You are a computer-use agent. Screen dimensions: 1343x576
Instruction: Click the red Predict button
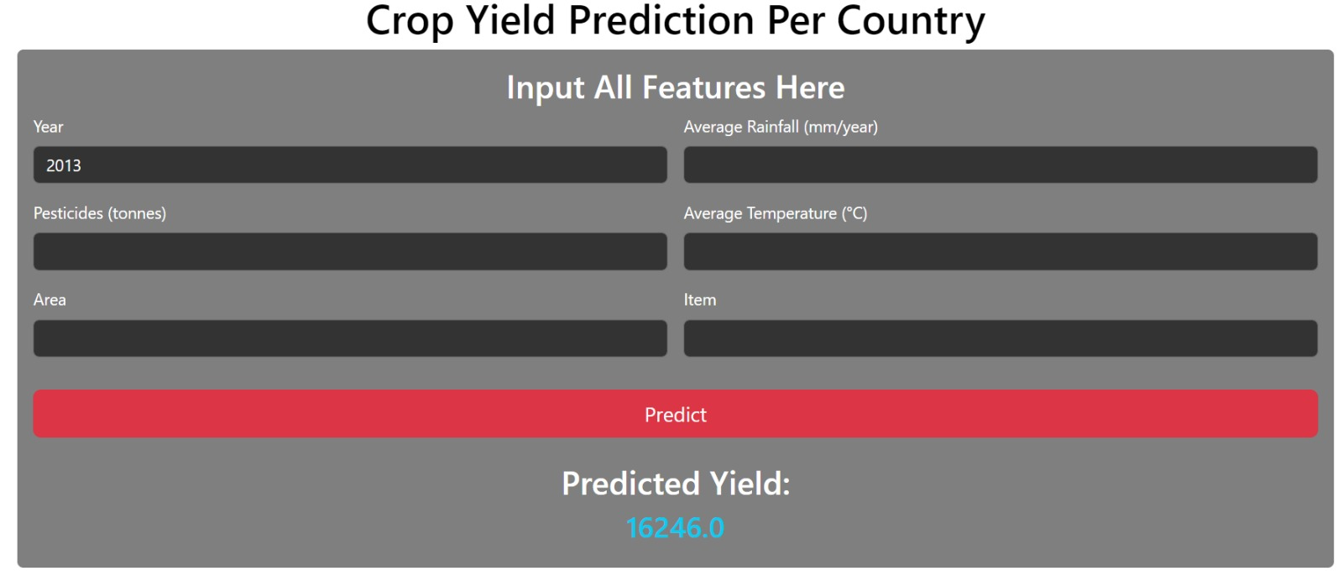pyautogui.click(x=675, y=413)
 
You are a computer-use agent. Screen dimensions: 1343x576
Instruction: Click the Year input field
pyautogui.click(x=350, y=165)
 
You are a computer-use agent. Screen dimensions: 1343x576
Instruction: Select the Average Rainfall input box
pyautogui.click(x=1000, y=165)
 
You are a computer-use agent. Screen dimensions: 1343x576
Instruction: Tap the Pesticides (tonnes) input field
pyautogui.click(x=350, y=251)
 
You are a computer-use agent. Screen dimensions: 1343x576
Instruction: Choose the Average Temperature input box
pyautogui.click(x=1000, y=251)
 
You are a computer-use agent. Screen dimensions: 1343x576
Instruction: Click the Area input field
pyautogui.click(x=350, y=338)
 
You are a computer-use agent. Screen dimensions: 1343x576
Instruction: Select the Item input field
pyautogui.click(x=1000, y=338)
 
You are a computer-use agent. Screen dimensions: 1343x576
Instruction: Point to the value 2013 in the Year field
pyautogui.click(x=64, y=165)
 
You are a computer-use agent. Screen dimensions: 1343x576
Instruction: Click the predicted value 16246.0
pyautogui.click(x=675, y=528)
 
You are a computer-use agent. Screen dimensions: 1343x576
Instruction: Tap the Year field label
pyautogui.click(x=48, y=127)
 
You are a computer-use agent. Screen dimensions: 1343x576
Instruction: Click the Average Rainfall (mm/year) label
pyautogui.click(x=781, y=127)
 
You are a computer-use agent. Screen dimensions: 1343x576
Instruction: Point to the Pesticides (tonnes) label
pyautogui.click(x=100, y=213)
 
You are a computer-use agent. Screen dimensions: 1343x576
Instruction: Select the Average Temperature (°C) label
pyautogui.click(x=776, y=213)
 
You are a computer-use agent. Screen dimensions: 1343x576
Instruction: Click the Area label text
pyautogui.click(x=50, y=300)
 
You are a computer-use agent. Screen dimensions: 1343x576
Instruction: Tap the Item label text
pyautogui.click(x=700, y=300)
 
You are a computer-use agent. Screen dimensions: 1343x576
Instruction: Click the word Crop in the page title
pyautogui.click(x=410, y=22)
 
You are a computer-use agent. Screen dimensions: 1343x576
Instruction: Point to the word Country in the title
pyautogui.click(x=911, y=22)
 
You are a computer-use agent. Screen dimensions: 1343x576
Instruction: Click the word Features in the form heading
pyautogui.click(x=704, y=87)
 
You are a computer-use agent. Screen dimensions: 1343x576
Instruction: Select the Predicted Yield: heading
pyautogui.click(x=676, y=484)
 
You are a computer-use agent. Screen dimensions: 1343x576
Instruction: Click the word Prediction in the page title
pyautogui.click(x=661, y=20)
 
